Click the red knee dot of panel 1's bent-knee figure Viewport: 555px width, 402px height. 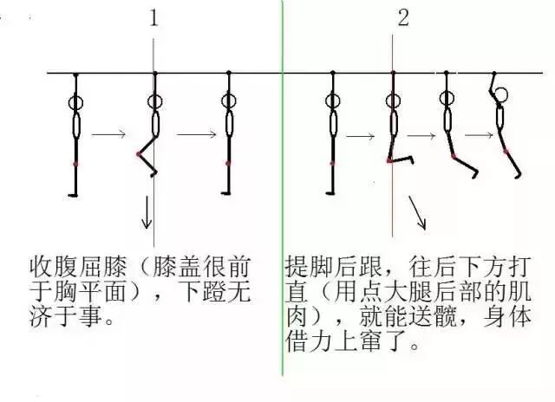point(138,154)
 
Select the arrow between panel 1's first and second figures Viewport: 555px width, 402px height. point(108,134)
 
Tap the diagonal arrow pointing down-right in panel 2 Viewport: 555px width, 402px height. point(417,212)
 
